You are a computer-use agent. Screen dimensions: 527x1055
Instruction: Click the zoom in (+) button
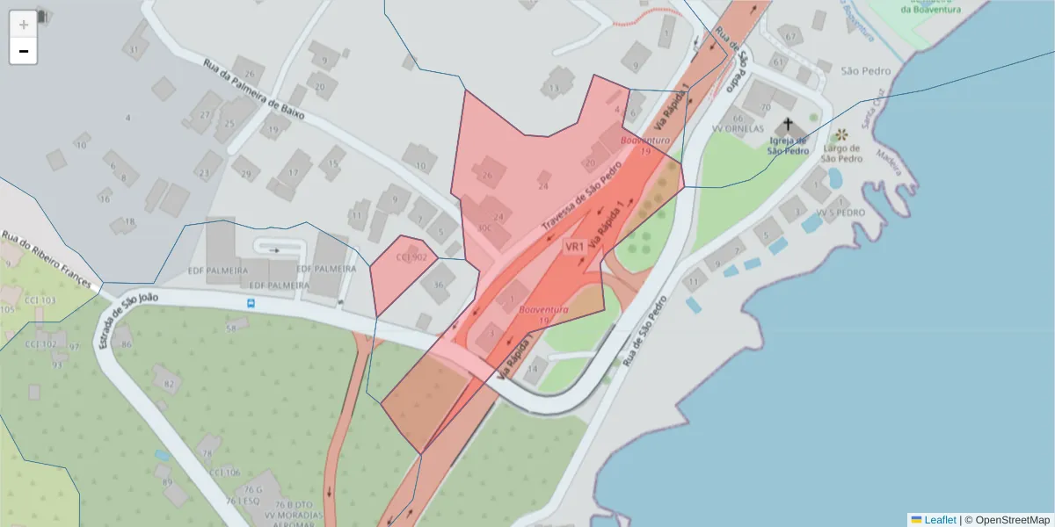coord(23,25)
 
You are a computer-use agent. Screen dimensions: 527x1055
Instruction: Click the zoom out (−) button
coord(23,51)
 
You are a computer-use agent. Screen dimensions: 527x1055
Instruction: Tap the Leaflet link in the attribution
coord(940,519)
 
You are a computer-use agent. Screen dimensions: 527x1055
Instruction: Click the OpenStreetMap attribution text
coord(1011,519)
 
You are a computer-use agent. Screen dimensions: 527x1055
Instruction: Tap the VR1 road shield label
coord(575,247)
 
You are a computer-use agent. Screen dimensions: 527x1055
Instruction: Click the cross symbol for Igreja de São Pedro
coord(788,125)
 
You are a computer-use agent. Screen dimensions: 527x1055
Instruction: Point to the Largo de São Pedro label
coord(840,154)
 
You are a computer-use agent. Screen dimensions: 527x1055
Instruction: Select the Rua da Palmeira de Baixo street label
coord(252,89)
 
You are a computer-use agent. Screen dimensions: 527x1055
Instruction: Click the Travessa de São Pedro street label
coord(581,196)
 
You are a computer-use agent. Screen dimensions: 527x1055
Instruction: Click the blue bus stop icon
coord(251,304)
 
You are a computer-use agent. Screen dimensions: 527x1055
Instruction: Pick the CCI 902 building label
coord(411,257)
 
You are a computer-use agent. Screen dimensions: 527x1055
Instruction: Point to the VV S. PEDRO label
coord(840,213)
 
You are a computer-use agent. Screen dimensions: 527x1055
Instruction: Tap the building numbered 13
coord(553,89)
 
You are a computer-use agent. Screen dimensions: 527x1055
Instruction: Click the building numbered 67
coord(790,37)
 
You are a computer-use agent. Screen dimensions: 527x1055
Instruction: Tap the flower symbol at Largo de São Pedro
coord(841,135)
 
